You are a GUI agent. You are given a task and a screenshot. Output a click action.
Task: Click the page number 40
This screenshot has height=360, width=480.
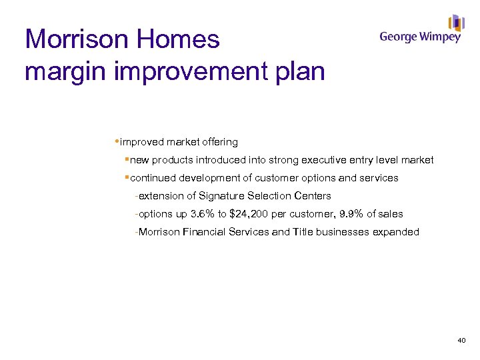coord(461,341)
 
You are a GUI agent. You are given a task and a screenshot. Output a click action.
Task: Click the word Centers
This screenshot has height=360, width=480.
coord(313,196)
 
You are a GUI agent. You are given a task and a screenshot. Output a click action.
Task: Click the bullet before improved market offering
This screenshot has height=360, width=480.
coord(117,142)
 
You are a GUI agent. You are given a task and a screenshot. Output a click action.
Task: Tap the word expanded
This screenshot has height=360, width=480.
coord(397,232)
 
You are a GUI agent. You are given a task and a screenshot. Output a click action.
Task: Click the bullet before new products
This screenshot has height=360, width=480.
coord(127,160)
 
